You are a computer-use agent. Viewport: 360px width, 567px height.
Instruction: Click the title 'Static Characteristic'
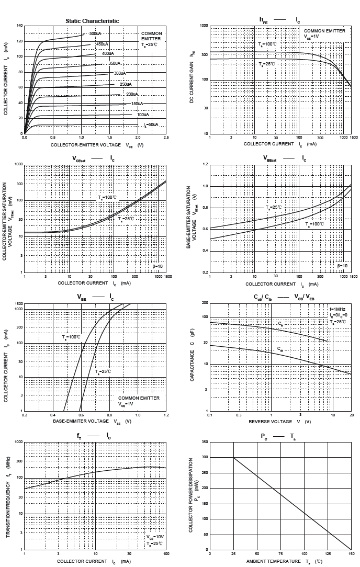[92, 21]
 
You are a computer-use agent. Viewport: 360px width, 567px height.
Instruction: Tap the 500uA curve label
[95, 33]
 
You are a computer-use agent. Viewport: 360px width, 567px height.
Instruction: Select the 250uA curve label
[126, 84]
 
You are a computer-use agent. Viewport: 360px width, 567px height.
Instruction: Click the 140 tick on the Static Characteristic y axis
[20, 26]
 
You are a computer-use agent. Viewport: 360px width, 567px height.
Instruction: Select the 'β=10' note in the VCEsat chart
[157, 266]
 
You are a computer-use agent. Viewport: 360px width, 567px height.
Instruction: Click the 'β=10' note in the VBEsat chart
[342, 266]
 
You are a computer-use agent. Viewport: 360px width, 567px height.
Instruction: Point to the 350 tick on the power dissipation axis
[205, 442]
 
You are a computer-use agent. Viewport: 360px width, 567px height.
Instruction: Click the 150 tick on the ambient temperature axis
[351, 554]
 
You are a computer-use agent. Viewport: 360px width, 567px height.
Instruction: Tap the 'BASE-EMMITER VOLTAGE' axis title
[80, 421]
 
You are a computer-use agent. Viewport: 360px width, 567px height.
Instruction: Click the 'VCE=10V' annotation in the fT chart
[155, 537]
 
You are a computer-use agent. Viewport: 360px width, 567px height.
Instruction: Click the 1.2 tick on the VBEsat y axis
[206, 164]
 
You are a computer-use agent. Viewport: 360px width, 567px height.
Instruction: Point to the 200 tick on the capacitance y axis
[205, 303]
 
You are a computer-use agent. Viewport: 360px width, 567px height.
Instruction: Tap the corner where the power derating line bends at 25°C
[233, 458]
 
